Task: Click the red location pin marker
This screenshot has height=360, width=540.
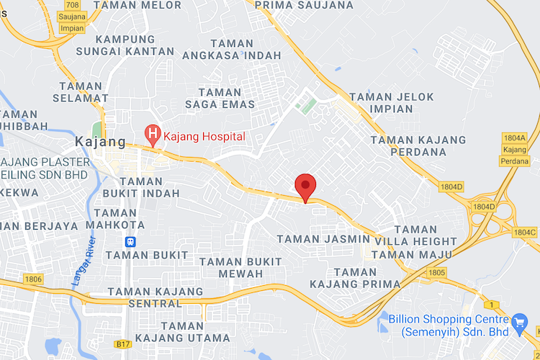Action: point(306,187)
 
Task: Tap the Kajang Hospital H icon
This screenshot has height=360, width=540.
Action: point(153,133)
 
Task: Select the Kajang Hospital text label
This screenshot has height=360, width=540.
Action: point(204,136)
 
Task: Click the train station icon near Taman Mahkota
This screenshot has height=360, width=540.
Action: point(131,242)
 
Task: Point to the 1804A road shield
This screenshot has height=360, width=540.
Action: point(514,138)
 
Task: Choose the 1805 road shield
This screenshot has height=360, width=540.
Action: point(436,273)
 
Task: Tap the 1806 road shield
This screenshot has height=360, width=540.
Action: point(33,279)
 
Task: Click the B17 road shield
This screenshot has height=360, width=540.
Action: point(122,345)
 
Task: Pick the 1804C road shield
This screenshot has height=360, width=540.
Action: point(525,232)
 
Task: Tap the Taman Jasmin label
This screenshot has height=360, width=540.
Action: point(317,238)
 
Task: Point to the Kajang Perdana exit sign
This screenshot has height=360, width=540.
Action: point(514,154)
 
